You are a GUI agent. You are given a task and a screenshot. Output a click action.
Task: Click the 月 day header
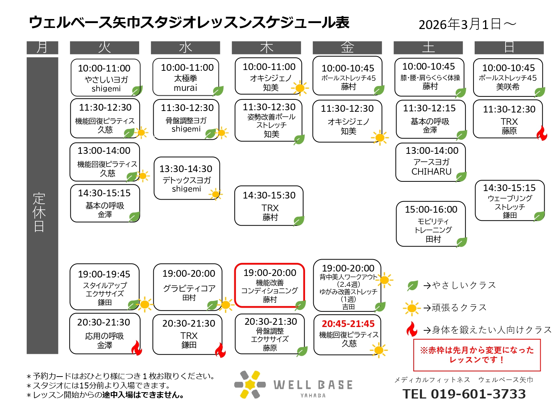[42, 48]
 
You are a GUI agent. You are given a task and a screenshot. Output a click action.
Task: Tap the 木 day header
[266, 48]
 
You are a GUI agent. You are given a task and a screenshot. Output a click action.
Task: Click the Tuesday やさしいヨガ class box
[106, 78]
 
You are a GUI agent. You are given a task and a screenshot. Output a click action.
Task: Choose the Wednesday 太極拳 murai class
[186, 77]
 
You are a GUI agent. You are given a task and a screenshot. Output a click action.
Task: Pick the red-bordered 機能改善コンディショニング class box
[270, 286]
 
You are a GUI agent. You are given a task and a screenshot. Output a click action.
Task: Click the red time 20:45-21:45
[348, 324]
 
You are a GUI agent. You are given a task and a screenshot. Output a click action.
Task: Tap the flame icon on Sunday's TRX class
[542, 133]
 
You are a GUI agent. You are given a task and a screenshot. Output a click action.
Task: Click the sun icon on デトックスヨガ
[216, 194]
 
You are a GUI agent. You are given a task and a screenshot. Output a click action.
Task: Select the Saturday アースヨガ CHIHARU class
[431, 162]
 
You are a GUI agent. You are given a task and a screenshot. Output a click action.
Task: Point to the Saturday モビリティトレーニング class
[431, 224]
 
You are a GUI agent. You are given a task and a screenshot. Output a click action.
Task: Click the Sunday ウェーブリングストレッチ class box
[509, 200]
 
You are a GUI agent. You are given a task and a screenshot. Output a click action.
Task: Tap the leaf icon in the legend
[412, 286]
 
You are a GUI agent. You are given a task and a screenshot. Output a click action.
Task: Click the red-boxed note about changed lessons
[477, 355]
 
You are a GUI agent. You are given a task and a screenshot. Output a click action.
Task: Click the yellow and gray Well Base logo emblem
[250, 384]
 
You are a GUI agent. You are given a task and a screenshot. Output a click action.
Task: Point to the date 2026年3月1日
[467, 25]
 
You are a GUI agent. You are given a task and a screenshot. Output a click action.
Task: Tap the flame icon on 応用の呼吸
[137, 348]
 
